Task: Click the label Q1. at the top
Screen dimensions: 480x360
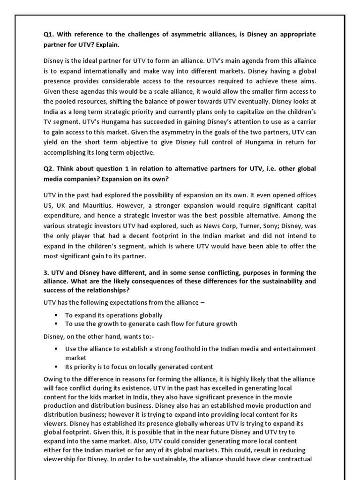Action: coord(50,35)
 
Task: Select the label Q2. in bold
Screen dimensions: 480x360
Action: coord(50,169)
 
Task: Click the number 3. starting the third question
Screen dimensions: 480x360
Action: coord(46,272)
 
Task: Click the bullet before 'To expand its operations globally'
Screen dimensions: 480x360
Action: coord(56,315)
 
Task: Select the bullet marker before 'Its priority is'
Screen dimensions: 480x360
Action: coord(56,367)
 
